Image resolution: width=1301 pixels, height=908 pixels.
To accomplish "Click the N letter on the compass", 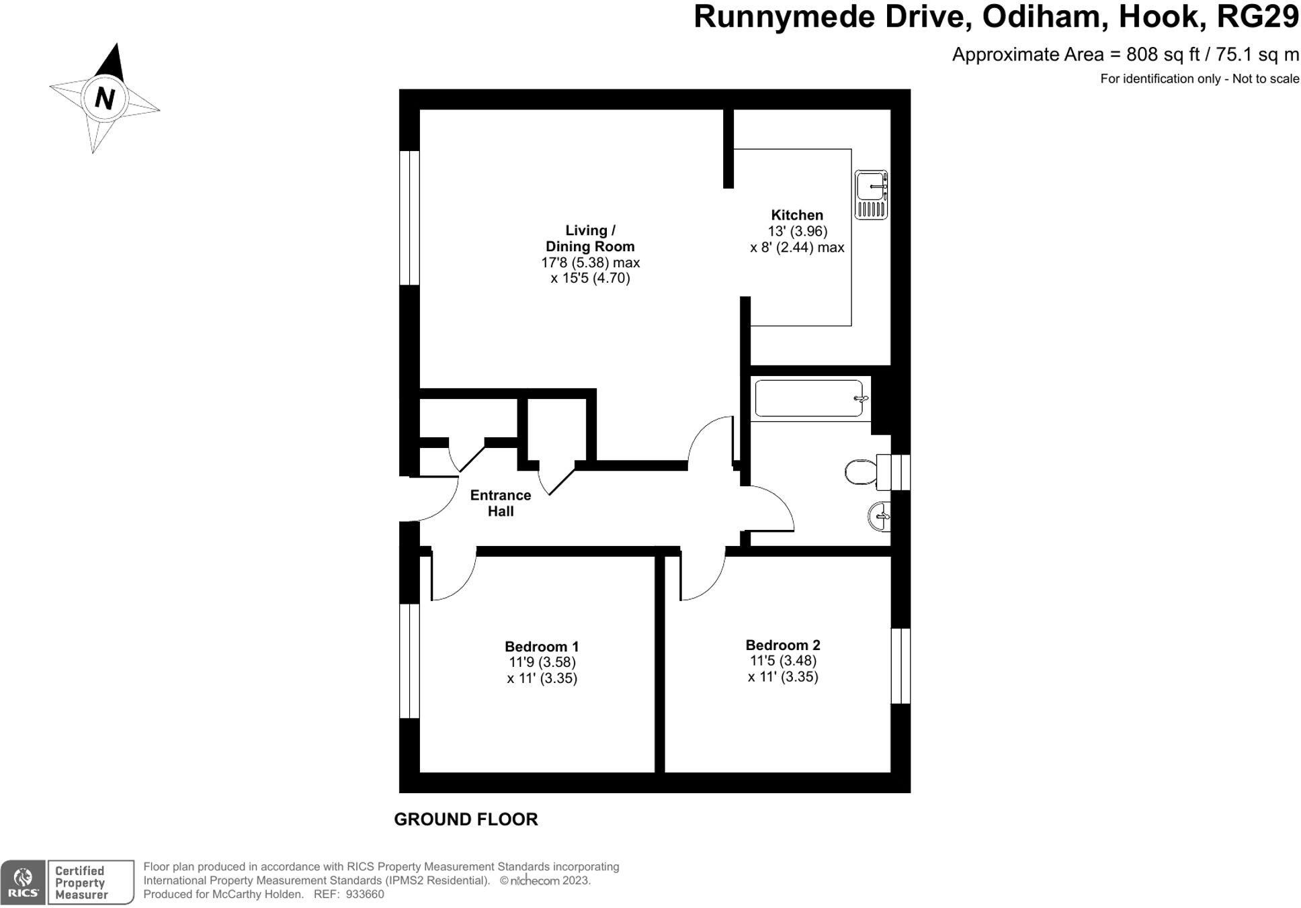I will point(105,99).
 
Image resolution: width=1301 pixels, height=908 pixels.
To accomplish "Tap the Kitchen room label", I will point(797,216).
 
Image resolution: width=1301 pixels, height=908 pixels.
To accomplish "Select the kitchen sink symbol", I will point(871,195).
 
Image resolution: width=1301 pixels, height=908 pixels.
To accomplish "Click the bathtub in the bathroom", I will point(809,399).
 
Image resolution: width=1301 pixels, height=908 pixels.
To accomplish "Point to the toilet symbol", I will point(861,471).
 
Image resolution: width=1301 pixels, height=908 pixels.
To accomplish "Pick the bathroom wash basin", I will point(880,516).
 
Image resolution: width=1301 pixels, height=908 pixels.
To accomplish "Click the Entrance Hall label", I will point(501,503).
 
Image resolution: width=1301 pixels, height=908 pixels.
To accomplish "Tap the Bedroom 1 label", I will point(542,647).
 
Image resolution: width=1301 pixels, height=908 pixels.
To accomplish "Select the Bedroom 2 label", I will point(783,645).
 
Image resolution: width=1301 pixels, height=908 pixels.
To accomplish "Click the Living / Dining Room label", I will point(590,238).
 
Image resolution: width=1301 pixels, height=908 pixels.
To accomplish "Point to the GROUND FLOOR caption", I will point(466,819).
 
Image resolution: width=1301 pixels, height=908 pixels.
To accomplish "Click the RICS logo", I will point(23,882).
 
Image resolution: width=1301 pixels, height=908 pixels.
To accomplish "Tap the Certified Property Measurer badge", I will point(90,882).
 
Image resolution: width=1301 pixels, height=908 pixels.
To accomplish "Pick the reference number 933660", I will point(365,895).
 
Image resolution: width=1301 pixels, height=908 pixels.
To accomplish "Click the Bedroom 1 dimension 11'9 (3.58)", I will point(542,662).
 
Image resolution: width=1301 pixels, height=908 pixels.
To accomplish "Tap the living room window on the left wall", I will point(409,218).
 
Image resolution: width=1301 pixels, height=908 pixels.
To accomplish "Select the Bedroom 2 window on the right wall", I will point(900,666).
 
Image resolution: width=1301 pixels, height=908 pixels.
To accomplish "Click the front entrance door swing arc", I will point(437,500).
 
